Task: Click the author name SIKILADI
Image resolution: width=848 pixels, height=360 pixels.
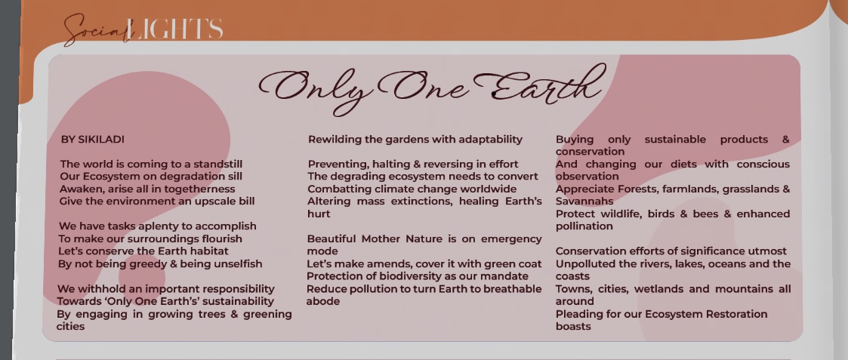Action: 101,140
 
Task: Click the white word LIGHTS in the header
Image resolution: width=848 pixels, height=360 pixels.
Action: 175,29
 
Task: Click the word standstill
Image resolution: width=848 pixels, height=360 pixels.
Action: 218,165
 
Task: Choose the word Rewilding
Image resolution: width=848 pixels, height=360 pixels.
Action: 335,140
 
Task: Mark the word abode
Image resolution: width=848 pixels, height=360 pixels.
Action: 323,302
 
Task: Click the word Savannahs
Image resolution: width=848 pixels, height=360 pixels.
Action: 584,202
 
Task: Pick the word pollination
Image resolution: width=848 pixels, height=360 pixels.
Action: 584,226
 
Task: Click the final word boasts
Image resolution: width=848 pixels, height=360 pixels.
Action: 573,327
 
